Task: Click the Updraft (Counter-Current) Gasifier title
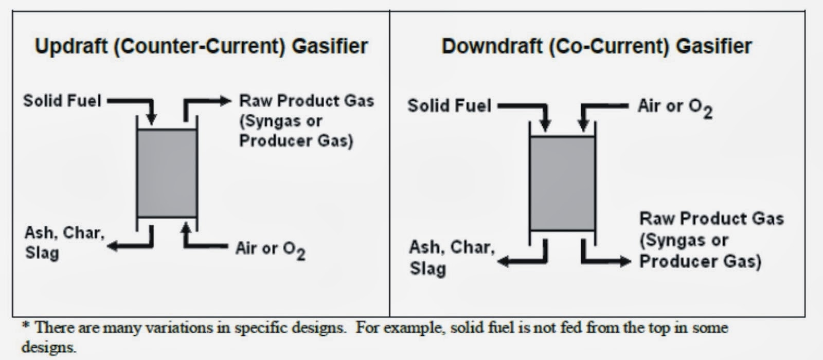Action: [201, 46]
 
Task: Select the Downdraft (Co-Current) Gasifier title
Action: [597, 46]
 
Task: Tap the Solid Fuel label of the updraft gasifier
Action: [62, 100]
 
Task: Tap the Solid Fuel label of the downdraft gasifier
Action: [449, 106]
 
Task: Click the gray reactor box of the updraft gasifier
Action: [167, 173]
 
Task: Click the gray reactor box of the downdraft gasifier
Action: [562, 184]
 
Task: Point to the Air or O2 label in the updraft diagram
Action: [270, 249]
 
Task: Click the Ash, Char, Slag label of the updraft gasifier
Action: [64, 242]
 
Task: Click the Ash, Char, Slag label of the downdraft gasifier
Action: [452, 257]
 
